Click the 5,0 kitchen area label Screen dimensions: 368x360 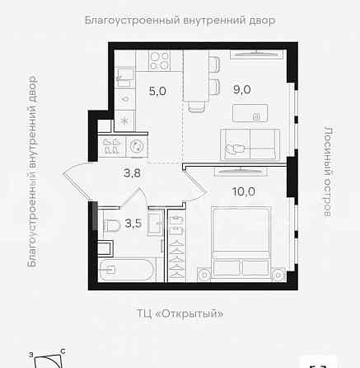(157, 92)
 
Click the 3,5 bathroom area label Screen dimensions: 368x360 (133, 223)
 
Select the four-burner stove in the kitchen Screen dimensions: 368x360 (158, 61)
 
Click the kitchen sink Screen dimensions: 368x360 (123, 81)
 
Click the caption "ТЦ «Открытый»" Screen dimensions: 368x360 (180, 314)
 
